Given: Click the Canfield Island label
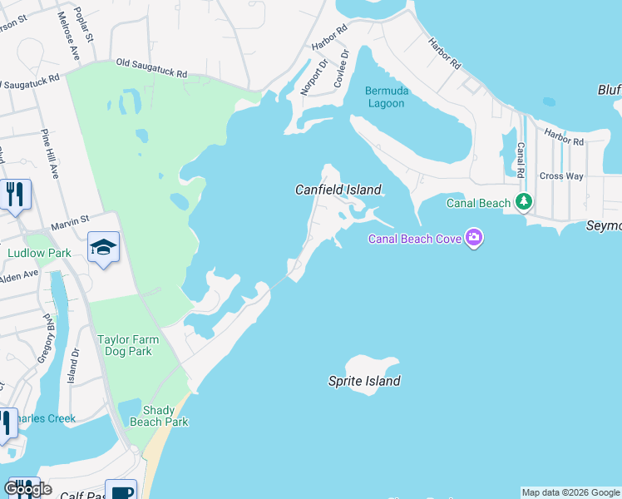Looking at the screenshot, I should [x=338, y=190].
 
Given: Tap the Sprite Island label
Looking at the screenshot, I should [x=363, y=381].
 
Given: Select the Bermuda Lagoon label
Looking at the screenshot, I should [x=387, y=96].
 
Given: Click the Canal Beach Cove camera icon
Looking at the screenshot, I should [x=474, y=239].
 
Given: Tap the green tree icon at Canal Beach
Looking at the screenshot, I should [x=523, y=201].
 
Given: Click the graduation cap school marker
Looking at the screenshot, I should [x=104, y=246].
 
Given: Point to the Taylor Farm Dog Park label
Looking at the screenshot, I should [x=124, y=345].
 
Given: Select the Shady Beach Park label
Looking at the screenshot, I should [x=165, y=416].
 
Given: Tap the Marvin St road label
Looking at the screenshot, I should [x=70, y=220].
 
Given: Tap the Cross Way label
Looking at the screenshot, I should [x=561, y=176].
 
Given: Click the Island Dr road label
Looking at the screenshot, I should [x=74, y=363].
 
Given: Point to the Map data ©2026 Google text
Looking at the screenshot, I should [x=570, y=492].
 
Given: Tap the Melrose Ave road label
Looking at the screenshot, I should [x=67, y=36].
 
